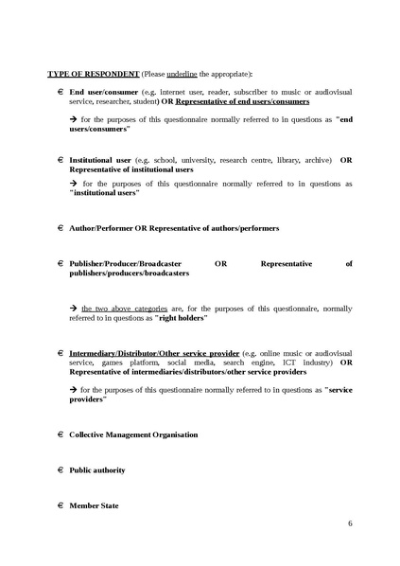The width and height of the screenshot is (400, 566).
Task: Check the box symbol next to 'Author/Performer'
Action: coord(60,228)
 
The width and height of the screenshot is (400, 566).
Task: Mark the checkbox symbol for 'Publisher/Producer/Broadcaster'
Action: coord(60,264)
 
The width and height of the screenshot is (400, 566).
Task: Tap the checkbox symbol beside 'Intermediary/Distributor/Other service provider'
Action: coord(60,353)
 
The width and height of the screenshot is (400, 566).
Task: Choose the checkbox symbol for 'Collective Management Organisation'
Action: coord(60,433)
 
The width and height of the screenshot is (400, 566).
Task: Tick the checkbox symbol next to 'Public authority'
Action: coord(60,469)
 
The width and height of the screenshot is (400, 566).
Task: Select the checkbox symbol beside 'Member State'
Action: coord(60,505)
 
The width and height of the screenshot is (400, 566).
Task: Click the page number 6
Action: coord(350,522)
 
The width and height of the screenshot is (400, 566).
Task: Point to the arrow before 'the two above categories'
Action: coord(74,309)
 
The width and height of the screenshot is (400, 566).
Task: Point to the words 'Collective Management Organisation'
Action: coord(133,434)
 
